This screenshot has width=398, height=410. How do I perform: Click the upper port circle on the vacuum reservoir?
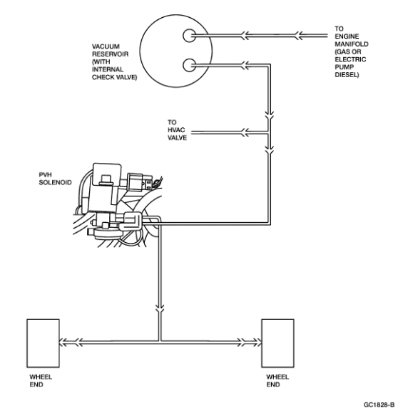[189, 36]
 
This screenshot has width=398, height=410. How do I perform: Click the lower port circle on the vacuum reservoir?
[189, 65]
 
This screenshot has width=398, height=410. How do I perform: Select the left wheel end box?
[43, 344]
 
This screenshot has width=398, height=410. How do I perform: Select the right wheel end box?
[278, 344]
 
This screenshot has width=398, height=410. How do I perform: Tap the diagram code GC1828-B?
[379, 405]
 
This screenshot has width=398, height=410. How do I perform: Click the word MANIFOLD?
[352, 44]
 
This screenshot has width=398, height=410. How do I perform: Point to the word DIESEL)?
[347, 75]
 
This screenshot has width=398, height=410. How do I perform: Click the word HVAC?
[176, 130]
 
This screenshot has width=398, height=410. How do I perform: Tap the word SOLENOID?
[55, 182]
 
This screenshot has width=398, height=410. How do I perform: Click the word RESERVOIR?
[111, 54]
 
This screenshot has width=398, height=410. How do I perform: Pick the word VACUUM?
[106, 46]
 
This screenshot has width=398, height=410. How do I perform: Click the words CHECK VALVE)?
[114, 77]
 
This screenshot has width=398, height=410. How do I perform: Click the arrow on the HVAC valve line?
[245, 132]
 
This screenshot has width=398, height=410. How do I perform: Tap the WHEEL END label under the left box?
[41, 381]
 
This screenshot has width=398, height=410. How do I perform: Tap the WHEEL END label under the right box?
[277, 381]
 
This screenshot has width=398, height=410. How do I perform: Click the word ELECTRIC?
[350, 59]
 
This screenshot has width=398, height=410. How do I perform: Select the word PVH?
[45, 175]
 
